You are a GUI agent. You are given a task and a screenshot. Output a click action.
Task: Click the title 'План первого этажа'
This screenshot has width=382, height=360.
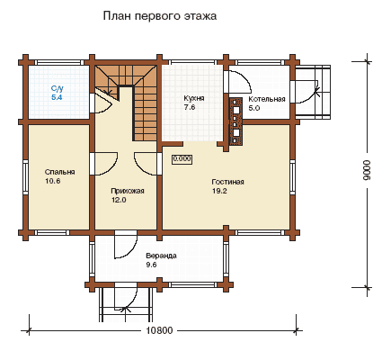[160, 16]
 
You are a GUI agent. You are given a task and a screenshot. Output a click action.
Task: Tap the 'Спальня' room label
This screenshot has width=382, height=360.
[59, 172]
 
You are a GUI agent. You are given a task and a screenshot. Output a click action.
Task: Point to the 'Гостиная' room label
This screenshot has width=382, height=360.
[227, 182]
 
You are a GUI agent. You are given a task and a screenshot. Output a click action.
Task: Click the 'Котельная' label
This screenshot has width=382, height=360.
[267, 99]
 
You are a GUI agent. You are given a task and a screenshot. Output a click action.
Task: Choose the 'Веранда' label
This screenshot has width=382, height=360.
[161, 256]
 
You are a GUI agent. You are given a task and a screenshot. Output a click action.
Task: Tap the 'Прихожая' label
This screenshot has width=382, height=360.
[128, 191]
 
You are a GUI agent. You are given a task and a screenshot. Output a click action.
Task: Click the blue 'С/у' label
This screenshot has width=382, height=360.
[57, 88]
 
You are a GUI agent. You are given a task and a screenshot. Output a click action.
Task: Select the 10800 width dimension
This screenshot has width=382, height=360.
[160, 330]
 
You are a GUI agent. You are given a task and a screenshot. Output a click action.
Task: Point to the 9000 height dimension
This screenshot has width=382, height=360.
[367, 170]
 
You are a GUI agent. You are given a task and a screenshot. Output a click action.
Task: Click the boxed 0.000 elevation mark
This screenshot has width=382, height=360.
[182, 159]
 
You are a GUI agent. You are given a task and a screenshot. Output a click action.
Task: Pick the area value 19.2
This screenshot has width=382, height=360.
[219, 191]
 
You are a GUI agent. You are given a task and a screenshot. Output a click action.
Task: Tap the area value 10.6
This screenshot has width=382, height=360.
[52, 181]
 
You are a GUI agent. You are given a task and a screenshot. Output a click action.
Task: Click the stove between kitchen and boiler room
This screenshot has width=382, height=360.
[236, 121]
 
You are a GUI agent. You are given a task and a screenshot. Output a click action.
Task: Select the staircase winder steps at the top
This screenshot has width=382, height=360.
[126, 76]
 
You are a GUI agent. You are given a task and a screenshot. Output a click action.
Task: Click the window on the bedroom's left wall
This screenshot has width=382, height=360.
[25, 177]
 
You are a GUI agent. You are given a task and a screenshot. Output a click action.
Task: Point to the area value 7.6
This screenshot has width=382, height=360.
[190, 107]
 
